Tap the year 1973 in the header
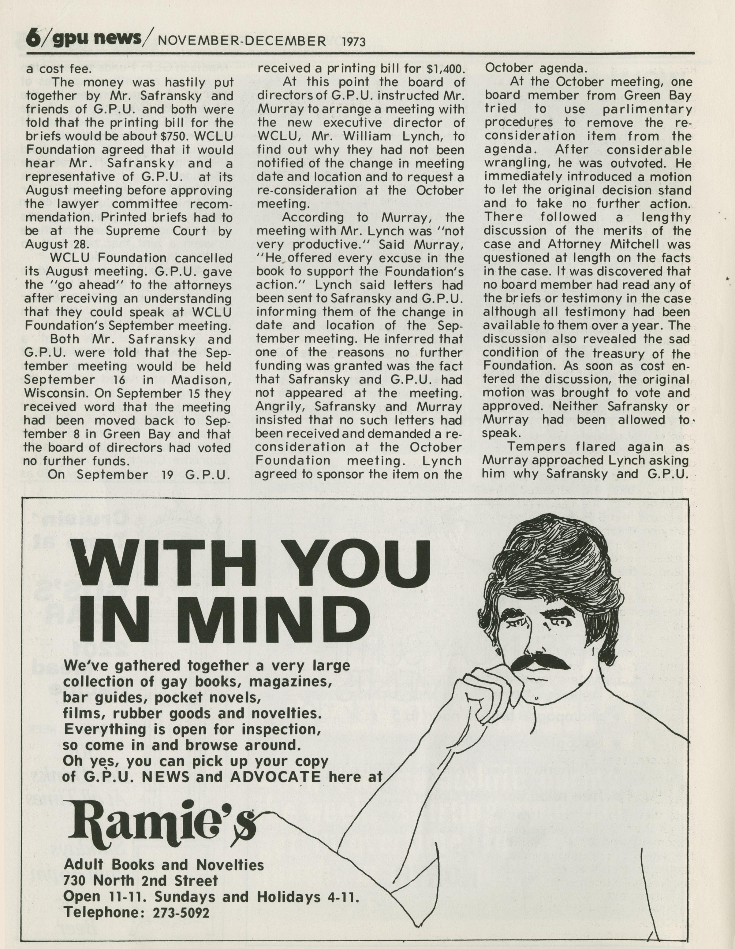(x=354, y=42)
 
